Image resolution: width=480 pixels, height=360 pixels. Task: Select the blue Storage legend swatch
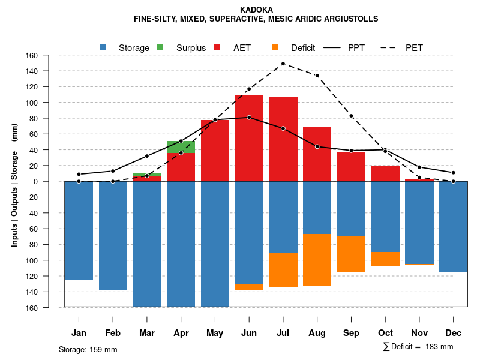103,47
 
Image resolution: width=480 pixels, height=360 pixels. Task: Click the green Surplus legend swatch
160,47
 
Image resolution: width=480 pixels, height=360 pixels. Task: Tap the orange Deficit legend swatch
275,47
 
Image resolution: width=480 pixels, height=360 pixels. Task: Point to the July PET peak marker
283,64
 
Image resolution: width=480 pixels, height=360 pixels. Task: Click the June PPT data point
249,118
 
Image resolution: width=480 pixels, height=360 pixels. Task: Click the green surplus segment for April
181,147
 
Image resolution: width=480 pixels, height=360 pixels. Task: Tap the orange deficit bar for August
317,260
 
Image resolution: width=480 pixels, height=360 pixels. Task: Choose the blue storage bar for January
79,230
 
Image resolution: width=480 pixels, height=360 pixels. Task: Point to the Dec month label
453,333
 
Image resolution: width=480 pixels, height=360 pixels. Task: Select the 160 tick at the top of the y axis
48,56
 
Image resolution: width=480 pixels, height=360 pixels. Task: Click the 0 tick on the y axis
50,181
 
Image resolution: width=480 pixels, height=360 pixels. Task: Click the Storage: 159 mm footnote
88,349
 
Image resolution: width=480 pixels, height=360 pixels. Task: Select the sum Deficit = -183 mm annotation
418,346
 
